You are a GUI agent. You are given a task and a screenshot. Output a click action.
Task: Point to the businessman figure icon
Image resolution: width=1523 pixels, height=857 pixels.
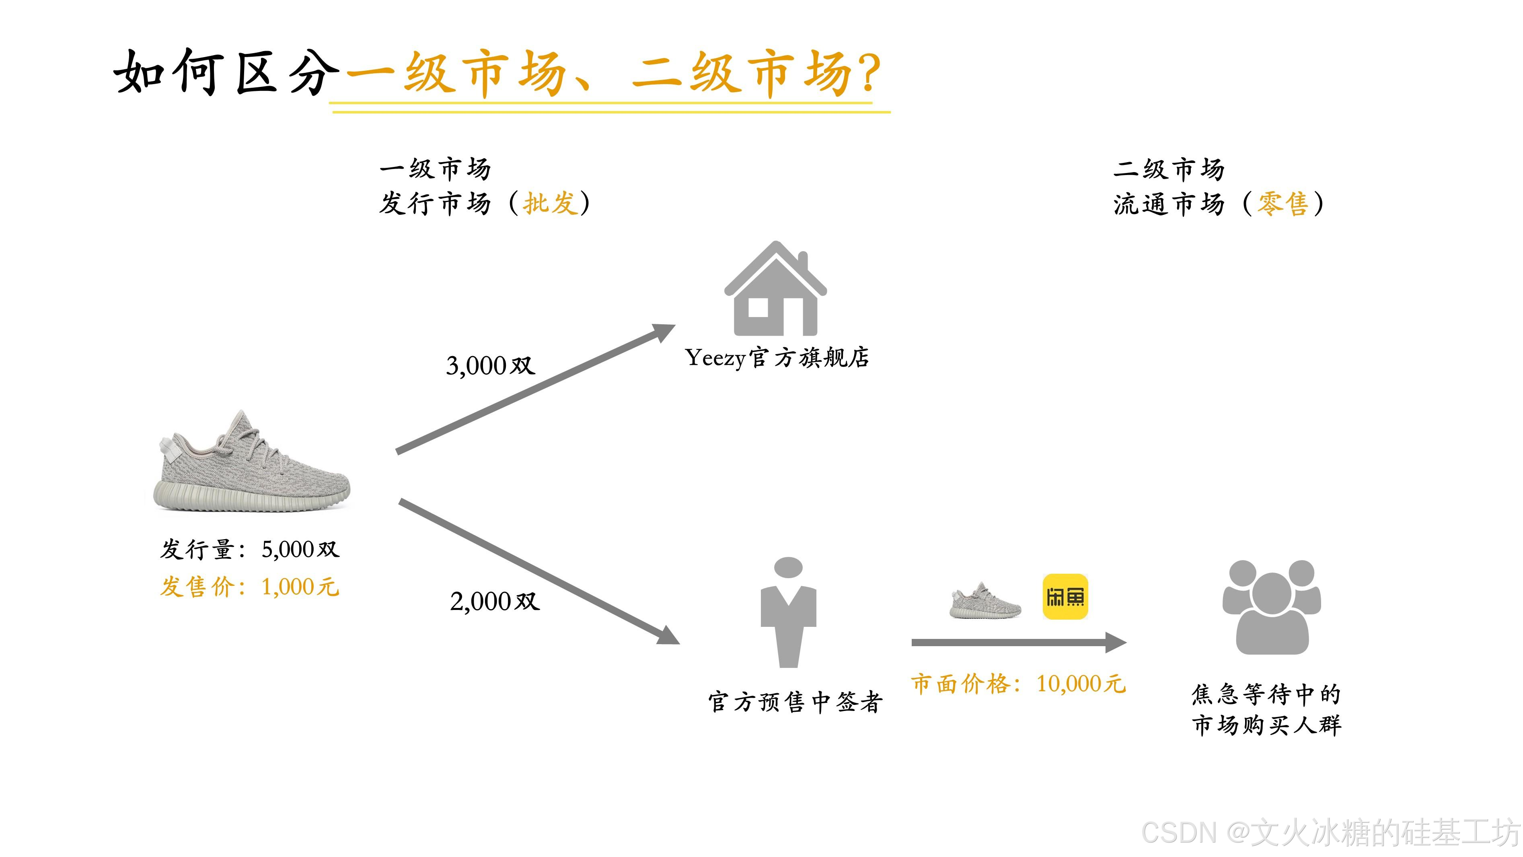click(788, 612)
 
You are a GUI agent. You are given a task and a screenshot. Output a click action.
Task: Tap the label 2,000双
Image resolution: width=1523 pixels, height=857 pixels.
click(494, 602)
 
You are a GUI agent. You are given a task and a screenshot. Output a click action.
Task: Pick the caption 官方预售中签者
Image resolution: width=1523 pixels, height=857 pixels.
click(795, 702)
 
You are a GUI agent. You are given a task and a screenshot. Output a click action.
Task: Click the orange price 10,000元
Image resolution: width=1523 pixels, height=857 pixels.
click(1080, 684)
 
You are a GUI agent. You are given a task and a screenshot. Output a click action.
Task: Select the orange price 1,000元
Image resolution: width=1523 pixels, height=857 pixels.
click(300, 587)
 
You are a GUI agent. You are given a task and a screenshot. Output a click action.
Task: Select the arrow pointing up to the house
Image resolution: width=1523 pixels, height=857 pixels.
click(535, 389)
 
